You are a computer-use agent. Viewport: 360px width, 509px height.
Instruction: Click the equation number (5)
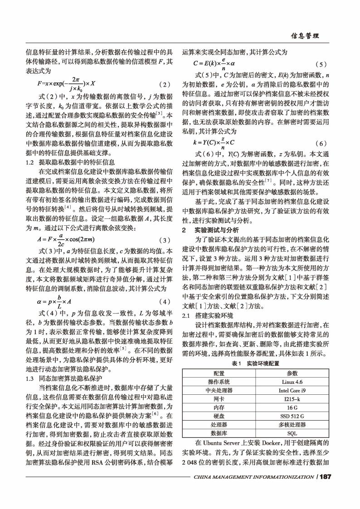[x=320, y=64]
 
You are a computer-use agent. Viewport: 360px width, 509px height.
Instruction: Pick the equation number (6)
[x=320, y=142]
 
